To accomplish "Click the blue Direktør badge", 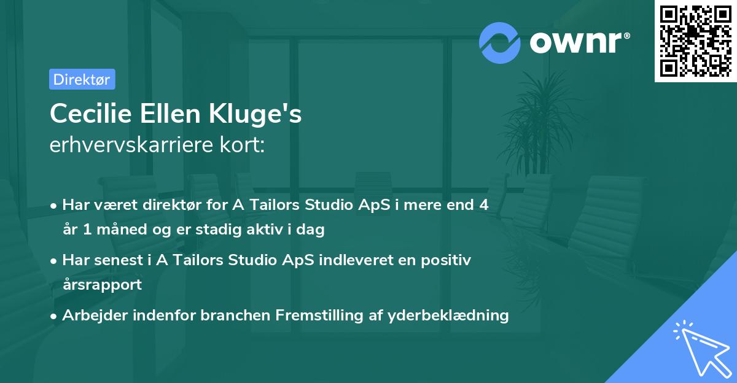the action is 82,79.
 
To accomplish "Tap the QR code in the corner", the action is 695,41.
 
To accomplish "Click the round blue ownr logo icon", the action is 499,43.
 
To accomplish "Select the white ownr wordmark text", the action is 580,42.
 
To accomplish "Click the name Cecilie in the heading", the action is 91,114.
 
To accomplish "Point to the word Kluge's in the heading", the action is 255,114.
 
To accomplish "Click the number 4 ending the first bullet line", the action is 484,204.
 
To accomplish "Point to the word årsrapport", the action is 103,284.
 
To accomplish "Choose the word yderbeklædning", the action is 448,315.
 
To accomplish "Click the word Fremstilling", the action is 319,315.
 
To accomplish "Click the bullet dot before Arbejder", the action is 53,317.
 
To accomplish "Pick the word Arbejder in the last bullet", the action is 95,315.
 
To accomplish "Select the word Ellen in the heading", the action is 170,114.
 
